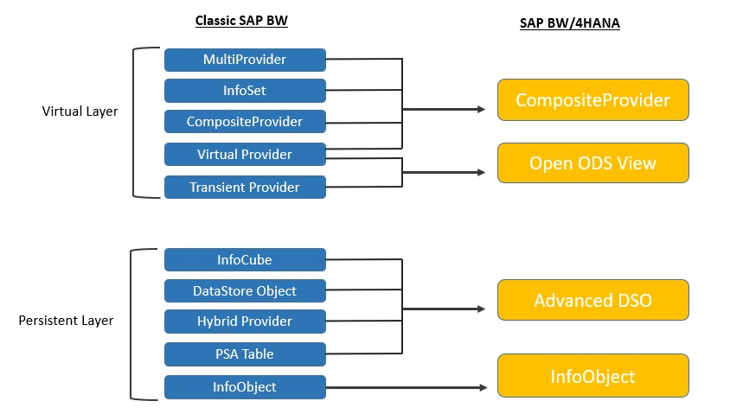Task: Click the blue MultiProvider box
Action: pos(245,60)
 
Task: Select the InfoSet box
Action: pos(245,90)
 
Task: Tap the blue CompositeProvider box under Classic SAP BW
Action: pos(245,122)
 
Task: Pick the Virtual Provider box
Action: pos(245,154)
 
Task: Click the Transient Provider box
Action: pos(245,187)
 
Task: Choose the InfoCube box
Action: pos(245,259)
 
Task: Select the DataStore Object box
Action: pos(245,290)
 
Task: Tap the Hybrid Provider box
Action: pos(245,322)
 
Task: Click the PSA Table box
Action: pos(245,353)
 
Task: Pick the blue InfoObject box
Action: pos(245,386)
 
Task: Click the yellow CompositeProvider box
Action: pos(592,100)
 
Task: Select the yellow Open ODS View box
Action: pos(592,162)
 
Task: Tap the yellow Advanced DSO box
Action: pos(592,300)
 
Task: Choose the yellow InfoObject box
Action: pos(592,376)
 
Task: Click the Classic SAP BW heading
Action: pos(241,21)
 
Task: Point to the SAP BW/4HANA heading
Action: pos(569,24)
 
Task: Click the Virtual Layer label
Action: pos(80,111)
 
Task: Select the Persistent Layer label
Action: pos(66,321)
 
